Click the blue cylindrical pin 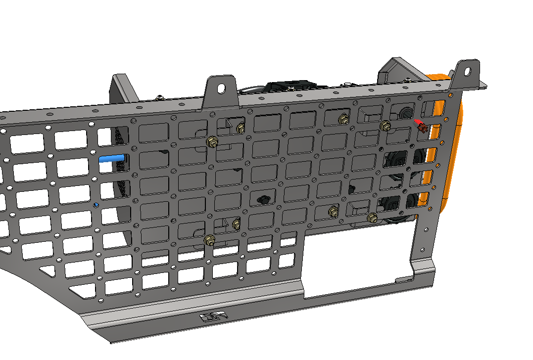(111, 159)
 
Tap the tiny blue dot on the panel (96, 204)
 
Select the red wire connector (421, 127)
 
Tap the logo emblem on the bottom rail (212, 317)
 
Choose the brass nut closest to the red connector (384, 126)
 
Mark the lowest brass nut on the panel (209, 241)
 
